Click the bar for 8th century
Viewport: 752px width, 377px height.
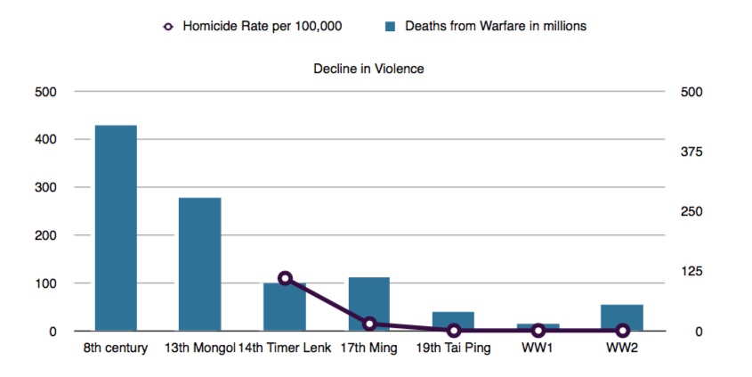pyautogui.click(x=116, y=228)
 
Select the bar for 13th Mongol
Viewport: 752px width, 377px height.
pyautogui.click(x=199, y=265)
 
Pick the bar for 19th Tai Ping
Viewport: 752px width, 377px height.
pyautogui.click(x=453, y=322)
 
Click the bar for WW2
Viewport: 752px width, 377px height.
pyautogui.click(x=622, y=318)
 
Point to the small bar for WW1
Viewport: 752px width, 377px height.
pyautogui.click(x=538, y=327)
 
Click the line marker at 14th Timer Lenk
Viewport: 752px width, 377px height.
pyautogui.click(x=285, y=278)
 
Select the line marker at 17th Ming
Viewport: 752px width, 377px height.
pyautogui.click(x=369, y=324)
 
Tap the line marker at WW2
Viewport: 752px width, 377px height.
pyautogui.click(x=622, y=331)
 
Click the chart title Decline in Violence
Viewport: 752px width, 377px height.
pyautogui.click(x=368, y=69)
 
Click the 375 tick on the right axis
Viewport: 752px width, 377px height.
pyautogui.click(x=691, y=152)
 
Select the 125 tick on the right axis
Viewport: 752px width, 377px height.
pyautogui.click(x=691, y=271)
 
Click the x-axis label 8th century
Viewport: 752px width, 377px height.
pyautogui.click(x=115, y=348)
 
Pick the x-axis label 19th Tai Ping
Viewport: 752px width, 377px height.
pyautogui.click(x=453, y=348)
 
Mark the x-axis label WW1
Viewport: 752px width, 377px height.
pyautogui.click(x=538, y=348)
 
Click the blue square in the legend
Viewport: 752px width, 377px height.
pyautogui.click(x=388, y=26)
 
